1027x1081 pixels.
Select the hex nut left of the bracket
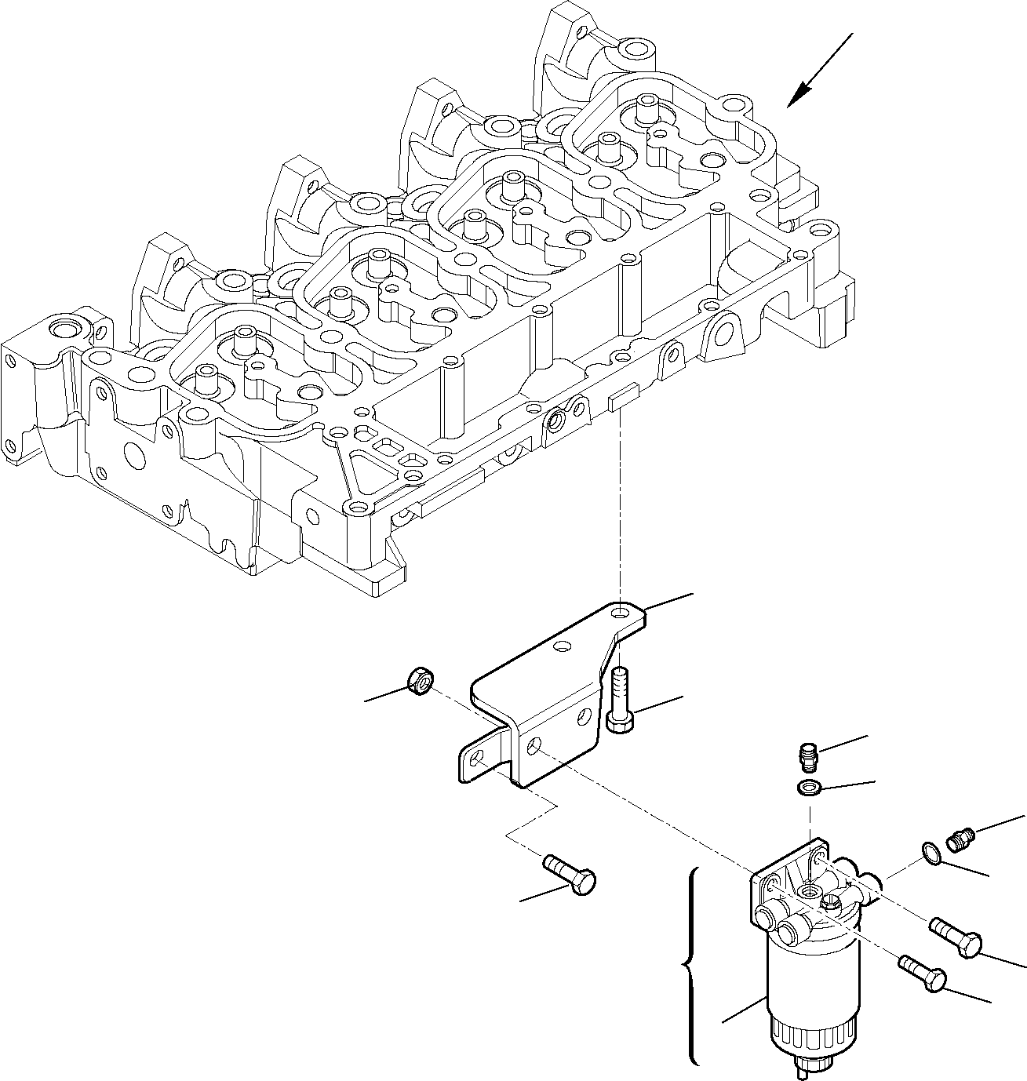(x=422, y=682)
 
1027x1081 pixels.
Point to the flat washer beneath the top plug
(x=807, y=788)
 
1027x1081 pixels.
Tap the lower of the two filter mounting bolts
(x=925, y=973)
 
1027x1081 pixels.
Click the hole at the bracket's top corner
(x=623, y=612)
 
